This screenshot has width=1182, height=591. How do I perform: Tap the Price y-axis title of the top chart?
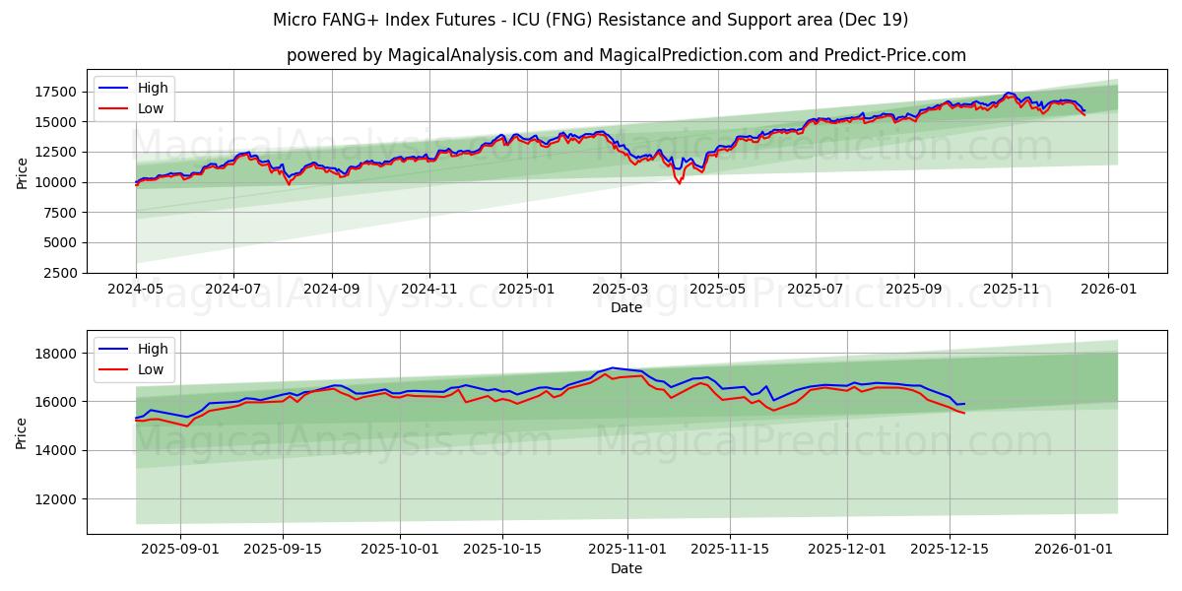pyautogui.click(x=22, y=172)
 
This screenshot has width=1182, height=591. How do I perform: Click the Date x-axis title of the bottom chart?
pyautogui.click(x=626, y=568)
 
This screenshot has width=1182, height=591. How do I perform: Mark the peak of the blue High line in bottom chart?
pyautogui.click(x=612, y=367)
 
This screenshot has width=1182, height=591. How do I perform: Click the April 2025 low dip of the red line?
pyautogui.click(x=679, y=183)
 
